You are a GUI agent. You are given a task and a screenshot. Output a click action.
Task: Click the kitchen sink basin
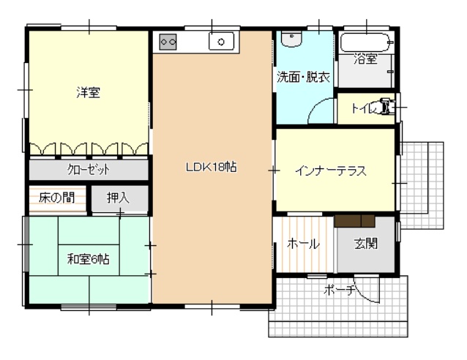pos(221,42)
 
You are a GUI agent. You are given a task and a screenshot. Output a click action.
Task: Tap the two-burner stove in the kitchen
pos(168,42)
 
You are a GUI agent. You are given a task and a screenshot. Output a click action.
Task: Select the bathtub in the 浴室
pos(367,42)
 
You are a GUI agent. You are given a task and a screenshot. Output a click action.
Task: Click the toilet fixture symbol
pos(387,105)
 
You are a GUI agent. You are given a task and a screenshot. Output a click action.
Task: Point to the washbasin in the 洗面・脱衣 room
pos(292,39)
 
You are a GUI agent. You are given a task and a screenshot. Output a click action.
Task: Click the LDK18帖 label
pos(211,167)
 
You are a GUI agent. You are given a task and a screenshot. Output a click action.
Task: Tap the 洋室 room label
pos(88,92)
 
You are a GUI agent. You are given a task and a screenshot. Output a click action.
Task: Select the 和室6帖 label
pos(88,259)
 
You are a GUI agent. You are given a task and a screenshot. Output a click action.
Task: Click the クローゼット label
pos(89,170)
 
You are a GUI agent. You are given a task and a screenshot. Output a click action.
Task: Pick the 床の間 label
pos(56,198)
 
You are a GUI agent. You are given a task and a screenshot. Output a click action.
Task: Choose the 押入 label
pos(118,198)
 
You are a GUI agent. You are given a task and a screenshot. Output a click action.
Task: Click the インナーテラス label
pos(330,171)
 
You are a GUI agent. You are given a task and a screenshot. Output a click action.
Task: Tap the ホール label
pos(303,244)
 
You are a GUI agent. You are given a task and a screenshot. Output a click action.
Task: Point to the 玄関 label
pos(366,244)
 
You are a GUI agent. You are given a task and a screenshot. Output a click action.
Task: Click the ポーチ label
pos(340,289)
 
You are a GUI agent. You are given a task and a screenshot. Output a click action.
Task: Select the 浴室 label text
pos(365,59)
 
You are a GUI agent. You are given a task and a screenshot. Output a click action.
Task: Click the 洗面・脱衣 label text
pos(304,77)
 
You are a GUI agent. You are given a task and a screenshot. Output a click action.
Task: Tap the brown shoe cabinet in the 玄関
pos(354,221)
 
